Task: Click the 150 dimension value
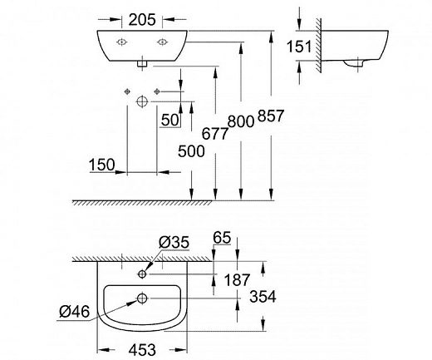click(104, 165)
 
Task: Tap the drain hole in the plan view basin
click(142, 297)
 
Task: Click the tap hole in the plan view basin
click(142, 272)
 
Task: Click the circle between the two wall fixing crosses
click(140, 101)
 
